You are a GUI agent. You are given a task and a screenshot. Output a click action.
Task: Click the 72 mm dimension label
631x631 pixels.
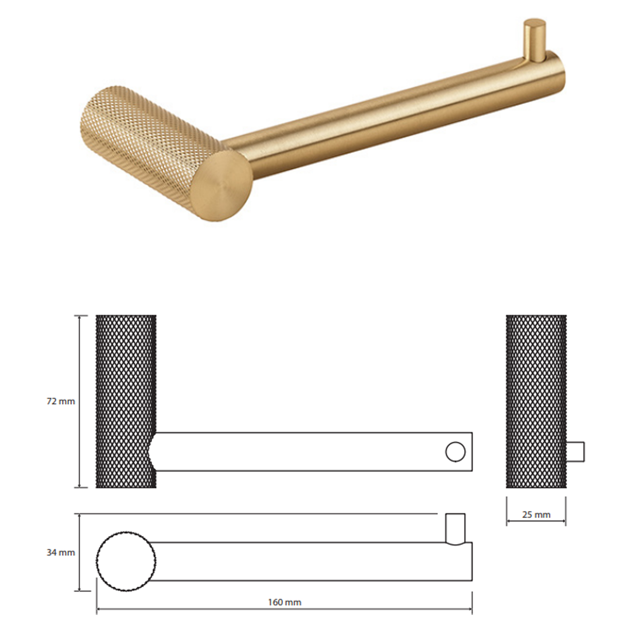click(x=61, y=401)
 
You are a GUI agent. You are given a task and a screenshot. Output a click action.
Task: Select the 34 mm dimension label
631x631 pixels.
click(x=61, y=553)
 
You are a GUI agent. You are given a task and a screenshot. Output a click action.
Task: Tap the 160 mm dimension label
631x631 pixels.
click(x=285, y=602)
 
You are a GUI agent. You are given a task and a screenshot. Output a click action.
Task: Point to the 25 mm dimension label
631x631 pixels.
click(x=536, y=515)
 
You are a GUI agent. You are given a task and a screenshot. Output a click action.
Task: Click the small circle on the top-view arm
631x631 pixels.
click(x=455, y=452)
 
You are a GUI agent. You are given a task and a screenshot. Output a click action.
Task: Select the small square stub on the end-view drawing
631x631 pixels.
click(x=575, y=452)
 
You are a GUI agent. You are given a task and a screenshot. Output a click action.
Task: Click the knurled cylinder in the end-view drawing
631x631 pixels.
click(x=536, y=401)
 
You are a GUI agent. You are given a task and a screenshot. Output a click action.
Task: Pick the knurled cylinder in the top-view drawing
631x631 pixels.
click(x=126, y=401)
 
